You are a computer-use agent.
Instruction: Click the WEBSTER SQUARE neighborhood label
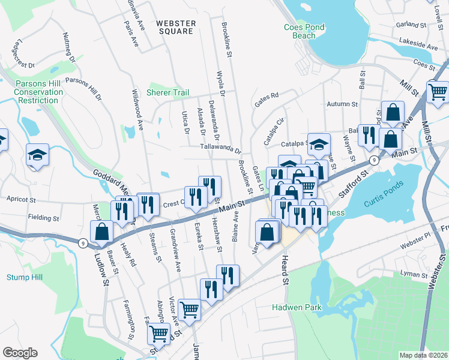point(176,27)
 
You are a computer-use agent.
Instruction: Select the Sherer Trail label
point(167,93)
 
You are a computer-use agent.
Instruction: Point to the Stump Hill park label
point(22,277)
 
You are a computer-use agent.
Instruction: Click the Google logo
point(20,352)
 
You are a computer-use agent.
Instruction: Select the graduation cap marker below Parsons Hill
point(37,155)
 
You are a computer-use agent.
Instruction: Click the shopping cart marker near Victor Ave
point(190,310)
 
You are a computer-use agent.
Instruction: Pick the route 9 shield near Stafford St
point(373,160)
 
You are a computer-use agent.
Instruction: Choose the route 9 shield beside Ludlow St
point(82,242)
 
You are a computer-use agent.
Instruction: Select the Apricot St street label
point(22,198)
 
